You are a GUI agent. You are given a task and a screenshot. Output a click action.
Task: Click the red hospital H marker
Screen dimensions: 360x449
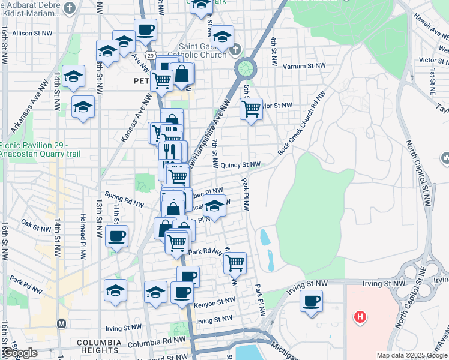tap(360, 317)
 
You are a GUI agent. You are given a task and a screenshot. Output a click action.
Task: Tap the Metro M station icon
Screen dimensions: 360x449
tap(61, 323)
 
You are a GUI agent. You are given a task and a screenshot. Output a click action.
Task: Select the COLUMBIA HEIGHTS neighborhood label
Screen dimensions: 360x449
tap(104, 343)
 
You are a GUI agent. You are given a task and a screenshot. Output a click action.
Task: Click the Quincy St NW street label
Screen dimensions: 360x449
tap(240, 164)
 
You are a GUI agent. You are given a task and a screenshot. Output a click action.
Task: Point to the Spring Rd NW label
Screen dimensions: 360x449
tap(125, 199)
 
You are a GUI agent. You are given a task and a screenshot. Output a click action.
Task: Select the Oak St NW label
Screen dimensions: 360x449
tap(36, 228)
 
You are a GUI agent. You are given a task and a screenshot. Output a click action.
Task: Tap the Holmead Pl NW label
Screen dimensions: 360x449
tap(83, 238)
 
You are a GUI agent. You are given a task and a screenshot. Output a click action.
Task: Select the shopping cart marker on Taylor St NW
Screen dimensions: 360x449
tap(251, 109)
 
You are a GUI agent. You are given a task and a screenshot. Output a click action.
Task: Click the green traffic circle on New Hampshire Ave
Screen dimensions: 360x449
tap(245, 68)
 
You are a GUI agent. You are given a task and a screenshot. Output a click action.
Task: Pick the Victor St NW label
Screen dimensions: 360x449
tap(435, 60)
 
